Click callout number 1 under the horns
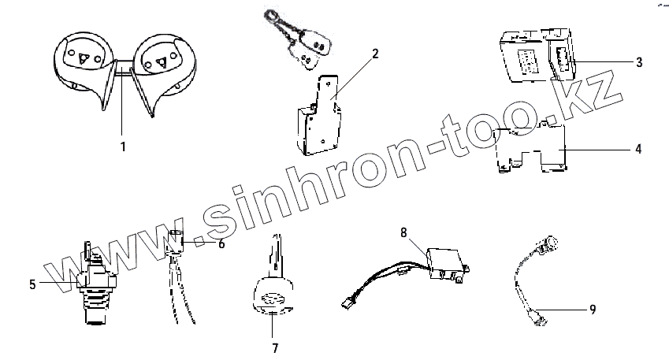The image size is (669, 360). [x=123, y=146]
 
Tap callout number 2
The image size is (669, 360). [x=375, y=54]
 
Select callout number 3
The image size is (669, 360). [x=639, y=61]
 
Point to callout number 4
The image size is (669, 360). [x=639, y=147]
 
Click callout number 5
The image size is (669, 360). [x=32, y=284]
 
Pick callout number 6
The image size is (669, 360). [x=221, y=243]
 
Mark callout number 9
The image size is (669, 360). [x=592, y=310]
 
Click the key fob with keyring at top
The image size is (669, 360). [x=303, y=39]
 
